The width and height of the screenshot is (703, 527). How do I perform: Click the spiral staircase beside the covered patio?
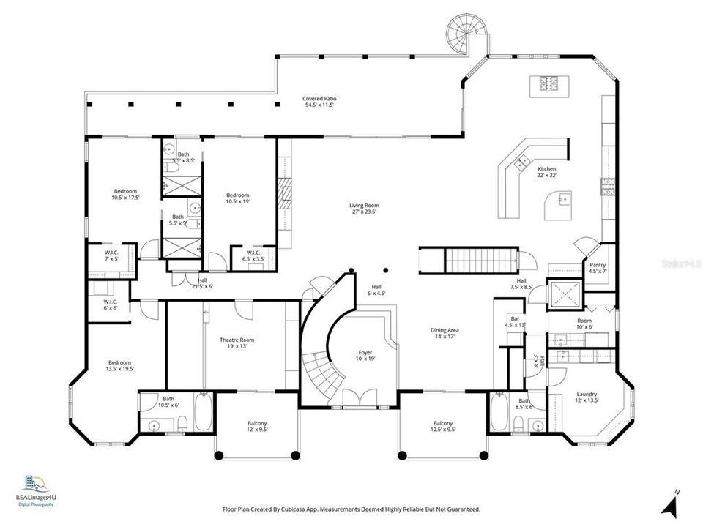click(x=466, y=32)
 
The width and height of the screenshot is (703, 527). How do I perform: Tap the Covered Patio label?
click(x=320, y=102)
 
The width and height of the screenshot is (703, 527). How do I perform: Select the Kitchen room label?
click(x=547, y=172)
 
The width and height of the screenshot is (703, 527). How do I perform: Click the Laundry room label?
click(x=587, y=397)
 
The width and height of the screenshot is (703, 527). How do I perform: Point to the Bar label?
click(x=516, y=321)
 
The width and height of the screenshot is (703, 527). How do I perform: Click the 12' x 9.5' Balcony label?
click(x=256, y=427)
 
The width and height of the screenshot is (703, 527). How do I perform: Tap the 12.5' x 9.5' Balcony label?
click(x=442, y=427)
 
